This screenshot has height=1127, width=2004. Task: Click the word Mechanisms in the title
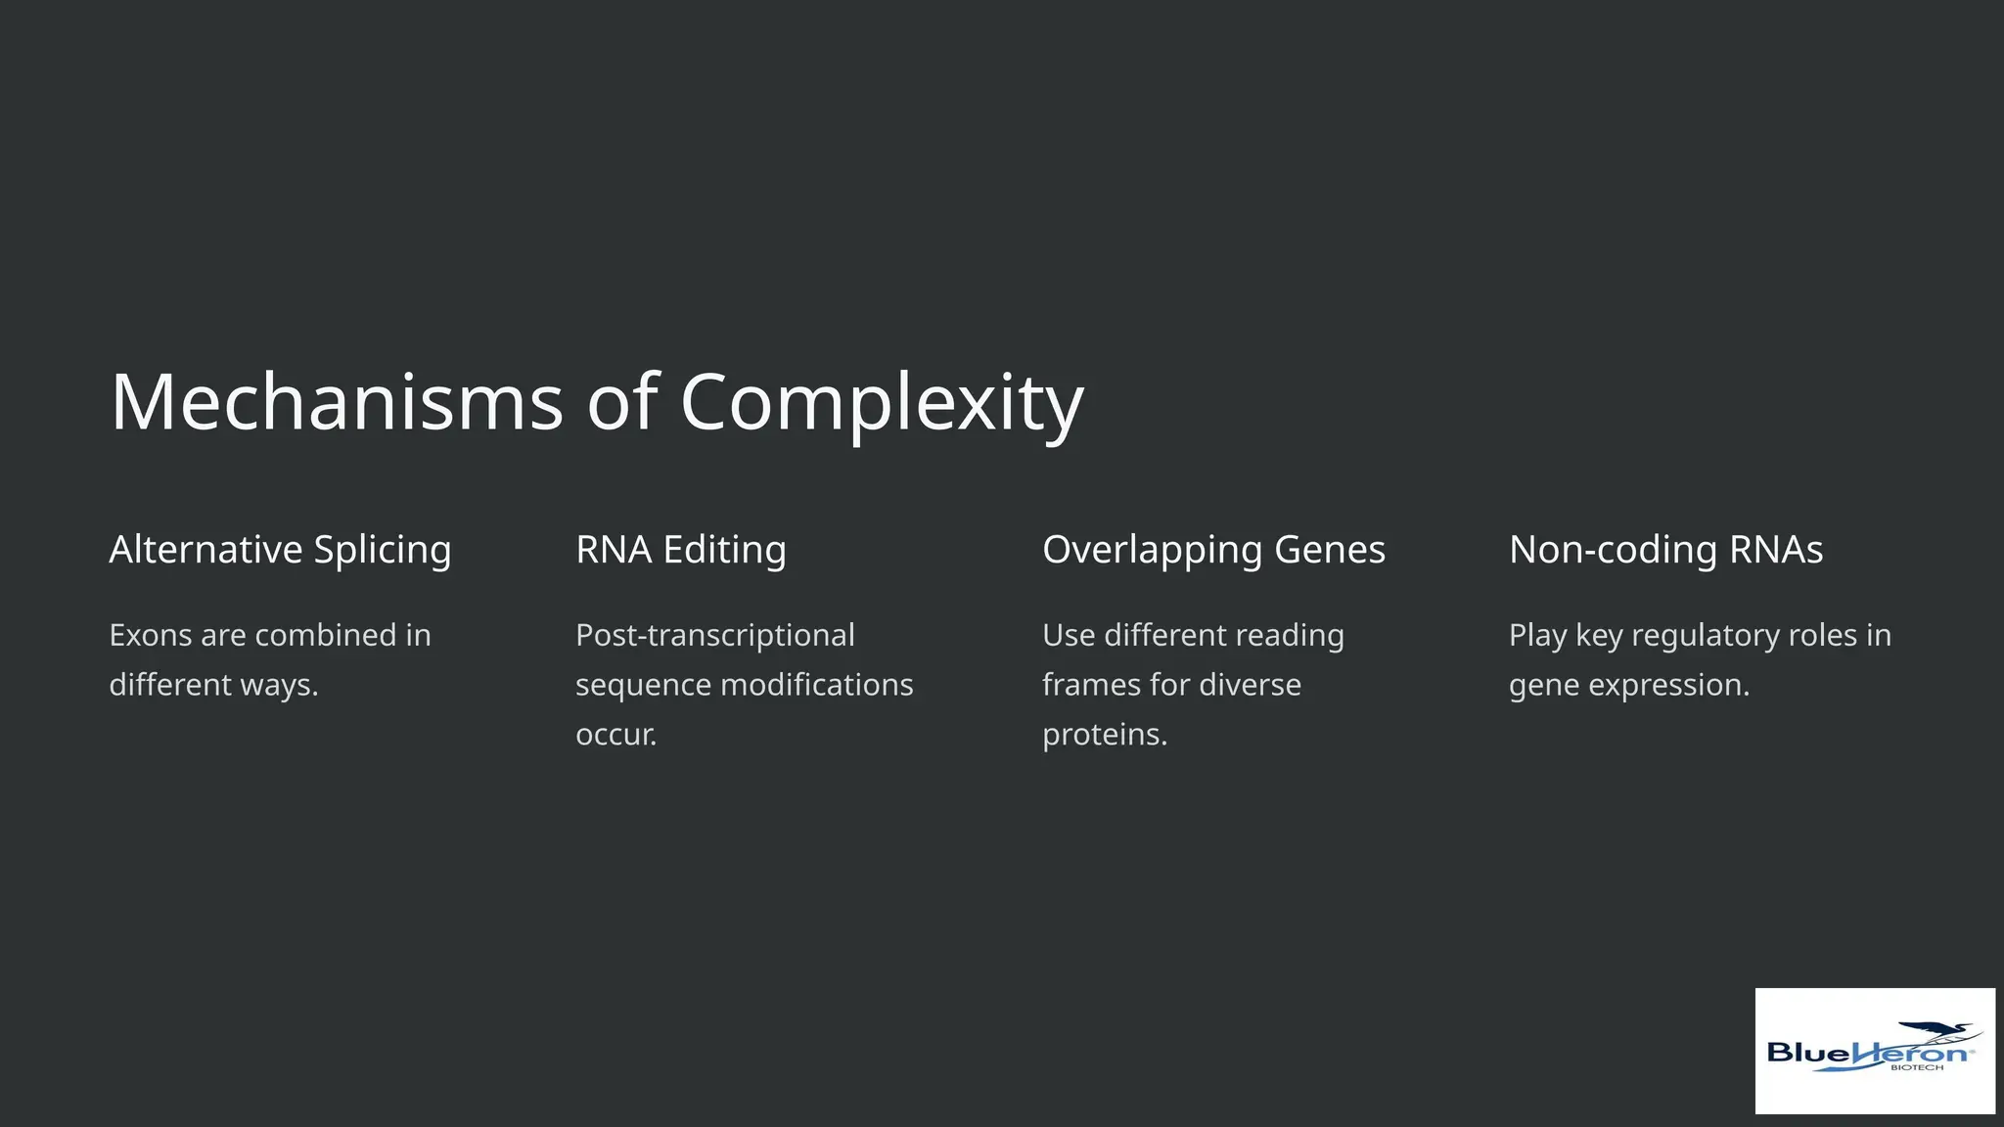337,401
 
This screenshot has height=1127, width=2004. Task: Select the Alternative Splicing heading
280,550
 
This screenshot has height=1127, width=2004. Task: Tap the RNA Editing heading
681,550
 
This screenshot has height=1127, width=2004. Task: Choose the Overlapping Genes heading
1213,550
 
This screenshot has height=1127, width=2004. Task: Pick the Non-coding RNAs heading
1665,550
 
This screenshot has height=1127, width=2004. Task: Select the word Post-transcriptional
715,635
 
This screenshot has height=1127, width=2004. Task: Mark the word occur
615,735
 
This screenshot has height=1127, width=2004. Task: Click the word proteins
1105,735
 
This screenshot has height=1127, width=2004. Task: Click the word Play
1537,635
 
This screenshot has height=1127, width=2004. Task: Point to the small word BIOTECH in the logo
1917,1067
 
